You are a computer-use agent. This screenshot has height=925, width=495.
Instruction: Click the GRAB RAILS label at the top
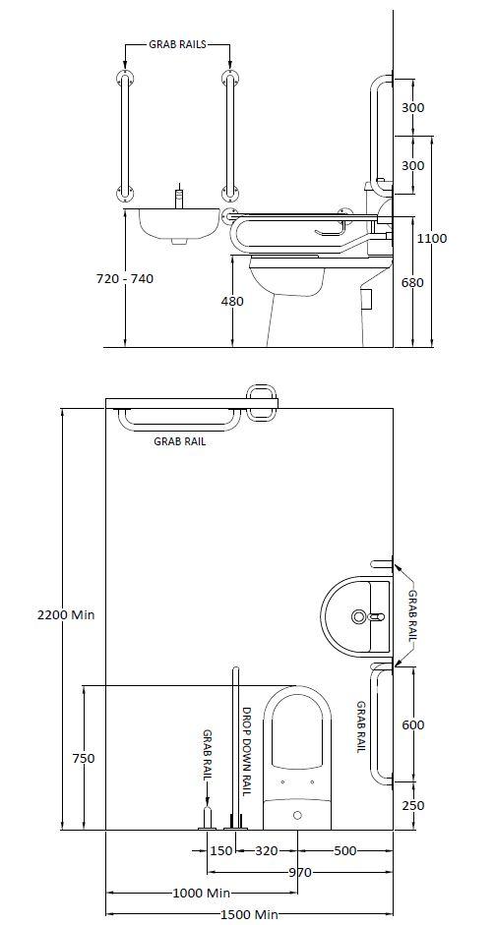177,45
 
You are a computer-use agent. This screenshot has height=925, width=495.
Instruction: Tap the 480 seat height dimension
232,302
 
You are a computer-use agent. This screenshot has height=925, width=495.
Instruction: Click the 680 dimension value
413,283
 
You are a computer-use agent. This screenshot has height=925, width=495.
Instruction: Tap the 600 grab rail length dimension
413,724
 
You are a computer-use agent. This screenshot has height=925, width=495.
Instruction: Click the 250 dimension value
413,805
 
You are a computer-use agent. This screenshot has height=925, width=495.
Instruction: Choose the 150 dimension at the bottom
220,850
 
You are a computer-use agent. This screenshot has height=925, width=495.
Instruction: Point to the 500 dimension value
344,850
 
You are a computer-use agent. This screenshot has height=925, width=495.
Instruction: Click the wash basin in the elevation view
177,224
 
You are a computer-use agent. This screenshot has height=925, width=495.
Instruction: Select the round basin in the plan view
354,616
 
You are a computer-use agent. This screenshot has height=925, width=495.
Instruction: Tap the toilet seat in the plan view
300,732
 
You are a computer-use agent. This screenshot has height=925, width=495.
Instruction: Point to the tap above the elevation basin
178,196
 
